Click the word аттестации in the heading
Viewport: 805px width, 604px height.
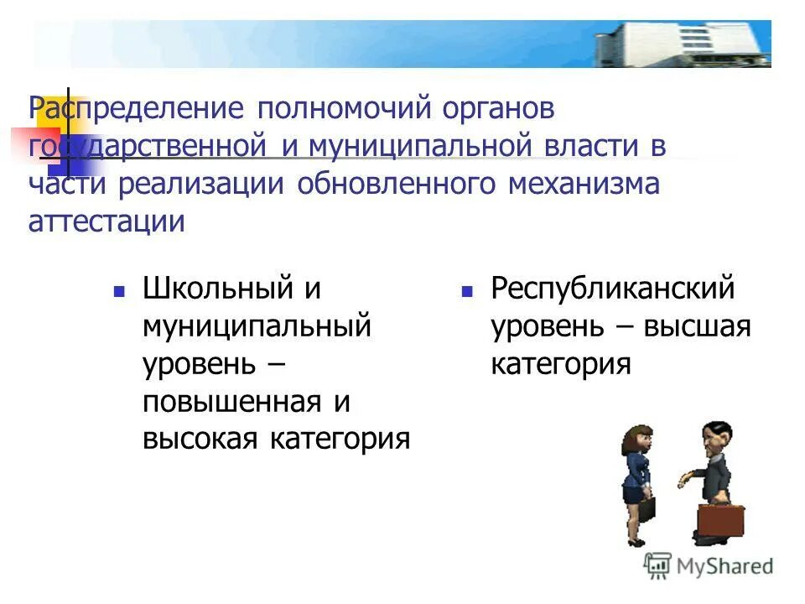coord(106,222)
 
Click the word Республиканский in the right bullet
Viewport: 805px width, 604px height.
coord(612,289)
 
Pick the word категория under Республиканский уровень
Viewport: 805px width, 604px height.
coord(560,364)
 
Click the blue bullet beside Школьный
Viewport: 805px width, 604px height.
coord(119,292)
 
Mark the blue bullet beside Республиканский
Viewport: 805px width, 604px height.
coord(467,292)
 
